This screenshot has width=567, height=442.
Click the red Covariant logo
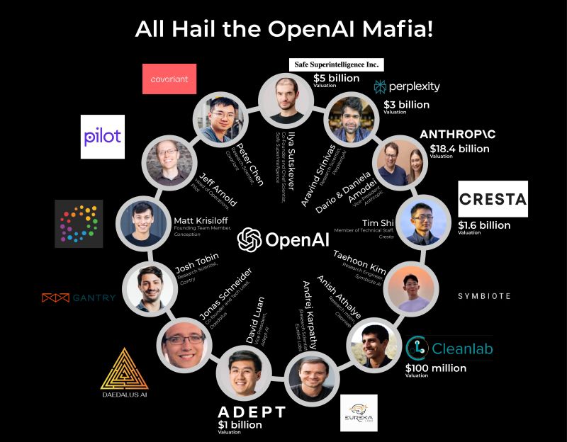[169, 79]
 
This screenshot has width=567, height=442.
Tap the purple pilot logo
[103, 137]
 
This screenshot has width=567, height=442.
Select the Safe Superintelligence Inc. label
[337, 64]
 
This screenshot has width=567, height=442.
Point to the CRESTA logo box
[493, 198]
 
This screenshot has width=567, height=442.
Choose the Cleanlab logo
[450, 348]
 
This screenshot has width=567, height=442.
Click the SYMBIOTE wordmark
[483, 296]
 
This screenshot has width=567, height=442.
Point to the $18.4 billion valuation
[460, 149]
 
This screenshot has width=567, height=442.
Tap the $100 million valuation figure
[435, 368]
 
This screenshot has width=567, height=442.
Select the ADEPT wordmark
[252, 412]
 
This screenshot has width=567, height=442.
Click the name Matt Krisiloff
[206, 220]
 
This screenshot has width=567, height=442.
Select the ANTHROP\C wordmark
[461, 134]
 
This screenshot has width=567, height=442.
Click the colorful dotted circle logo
[79, 223]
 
